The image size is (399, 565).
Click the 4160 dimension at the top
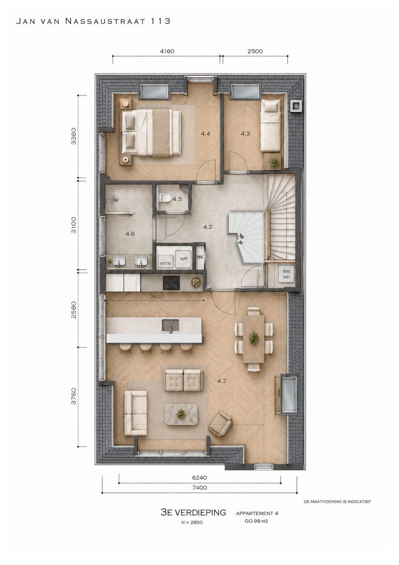167,51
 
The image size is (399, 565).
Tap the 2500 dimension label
255,51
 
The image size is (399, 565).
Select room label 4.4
205,134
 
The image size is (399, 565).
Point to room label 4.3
245,134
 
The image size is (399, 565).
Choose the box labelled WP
184,259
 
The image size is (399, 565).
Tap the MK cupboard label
200,257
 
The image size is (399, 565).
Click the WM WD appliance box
286,274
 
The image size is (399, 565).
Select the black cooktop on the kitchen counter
171,283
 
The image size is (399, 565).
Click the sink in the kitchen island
170,325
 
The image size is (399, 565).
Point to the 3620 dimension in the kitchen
157,297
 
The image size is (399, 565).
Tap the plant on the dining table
254,338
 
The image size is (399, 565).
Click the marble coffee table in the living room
181,414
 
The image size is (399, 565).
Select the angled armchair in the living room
220,424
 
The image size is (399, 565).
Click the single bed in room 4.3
271,126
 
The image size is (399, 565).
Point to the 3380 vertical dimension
74,136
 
